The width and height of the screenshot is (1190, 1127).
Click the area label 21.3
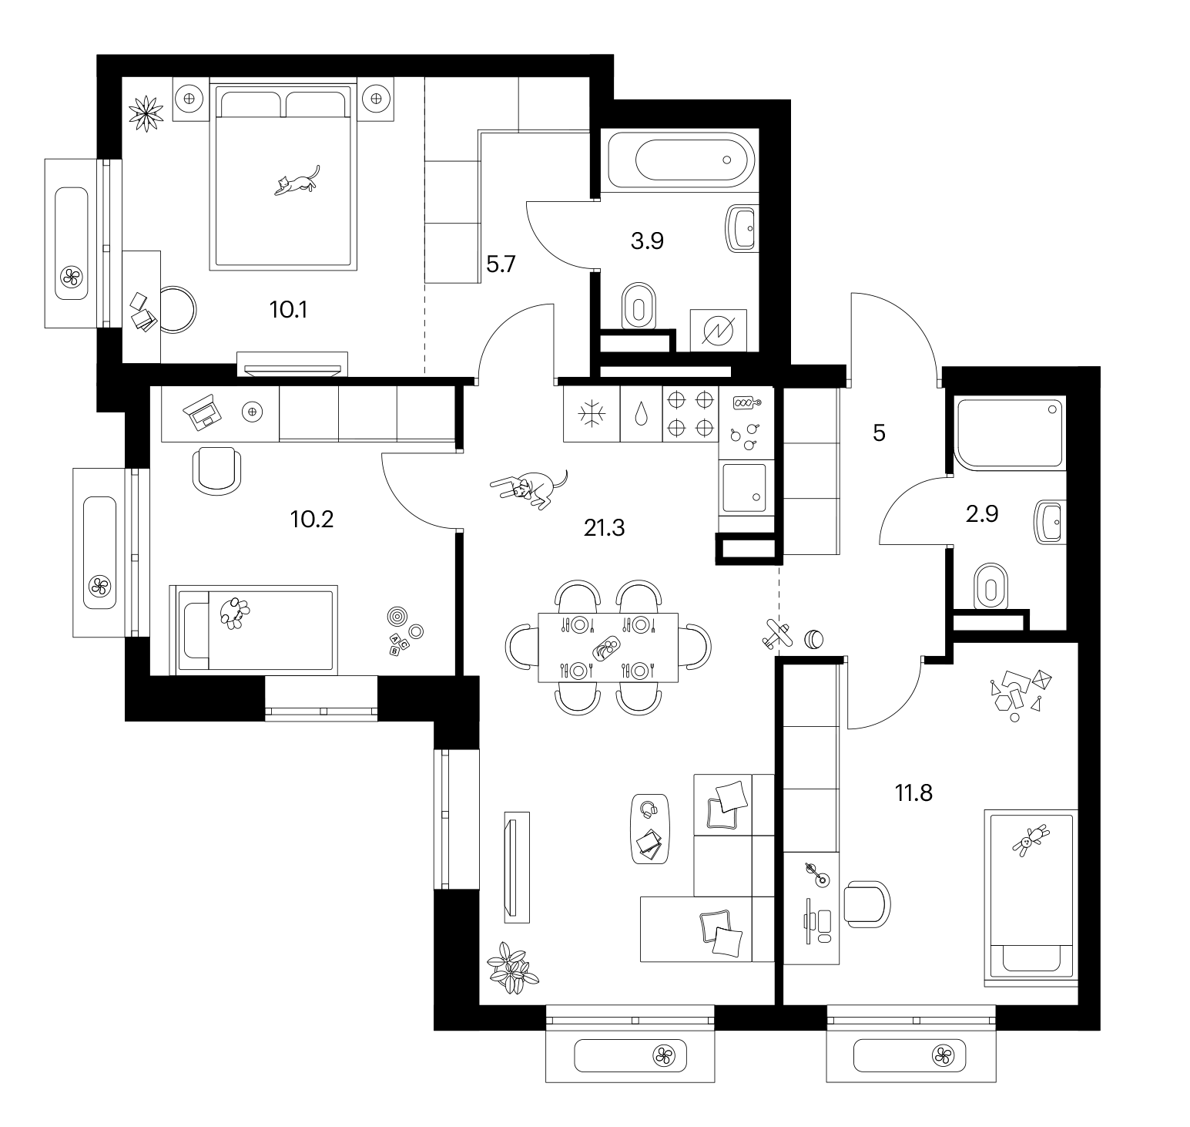604,528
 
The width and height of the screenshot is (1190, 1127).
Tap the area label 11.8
913,792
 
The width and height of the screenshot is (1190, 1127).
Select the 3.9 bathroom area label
647,241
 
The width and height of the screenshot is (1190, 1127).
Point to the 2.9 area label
982,513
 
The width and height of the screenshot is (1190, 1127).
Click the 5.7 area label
501,265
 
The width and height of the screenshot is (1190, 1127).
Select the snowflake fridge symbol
592,414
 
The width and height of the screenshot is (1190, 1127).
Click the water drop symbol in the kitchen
641,414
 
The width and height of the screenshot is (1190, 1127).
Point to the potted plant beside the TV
511,967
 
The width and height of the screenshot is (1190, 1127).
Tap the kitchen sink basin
744,487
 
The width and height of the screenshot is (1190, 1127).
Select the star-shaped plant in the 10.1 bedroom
146,114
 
